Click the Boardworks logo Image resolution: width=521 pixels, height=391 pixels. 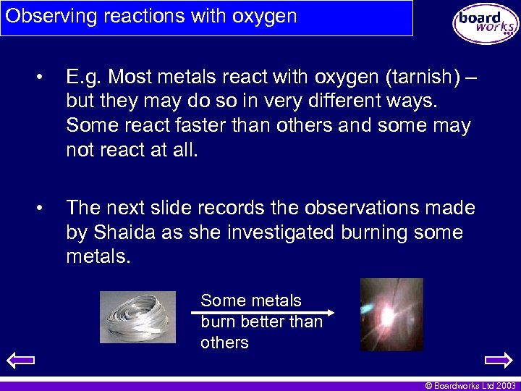(486, 23)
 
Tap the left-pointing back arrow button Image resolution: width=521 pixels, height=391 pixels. (20, 359)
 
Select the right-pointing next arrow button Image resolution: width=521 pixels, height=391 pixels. (498, 359)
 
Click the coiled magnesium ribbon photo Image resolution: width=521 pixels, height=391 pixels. (137, 316)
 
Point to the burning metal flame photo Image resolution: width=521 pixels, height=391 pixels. (391, 314)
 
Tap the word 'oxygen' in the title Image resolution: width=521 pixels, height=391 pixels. (263, 16)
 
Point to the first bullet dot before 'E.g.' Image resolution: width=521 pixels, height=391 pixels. (46, 76)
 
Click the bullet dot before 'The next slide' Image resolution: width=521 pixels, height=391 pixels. (46, 209)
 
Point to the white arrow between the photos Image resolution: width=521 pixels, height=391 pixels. (262, 313)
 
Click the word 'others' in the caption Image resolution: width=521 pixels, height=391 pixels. (224, 342)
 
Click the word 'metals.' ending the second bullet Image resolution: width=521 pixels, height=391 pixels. (98, 258)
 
